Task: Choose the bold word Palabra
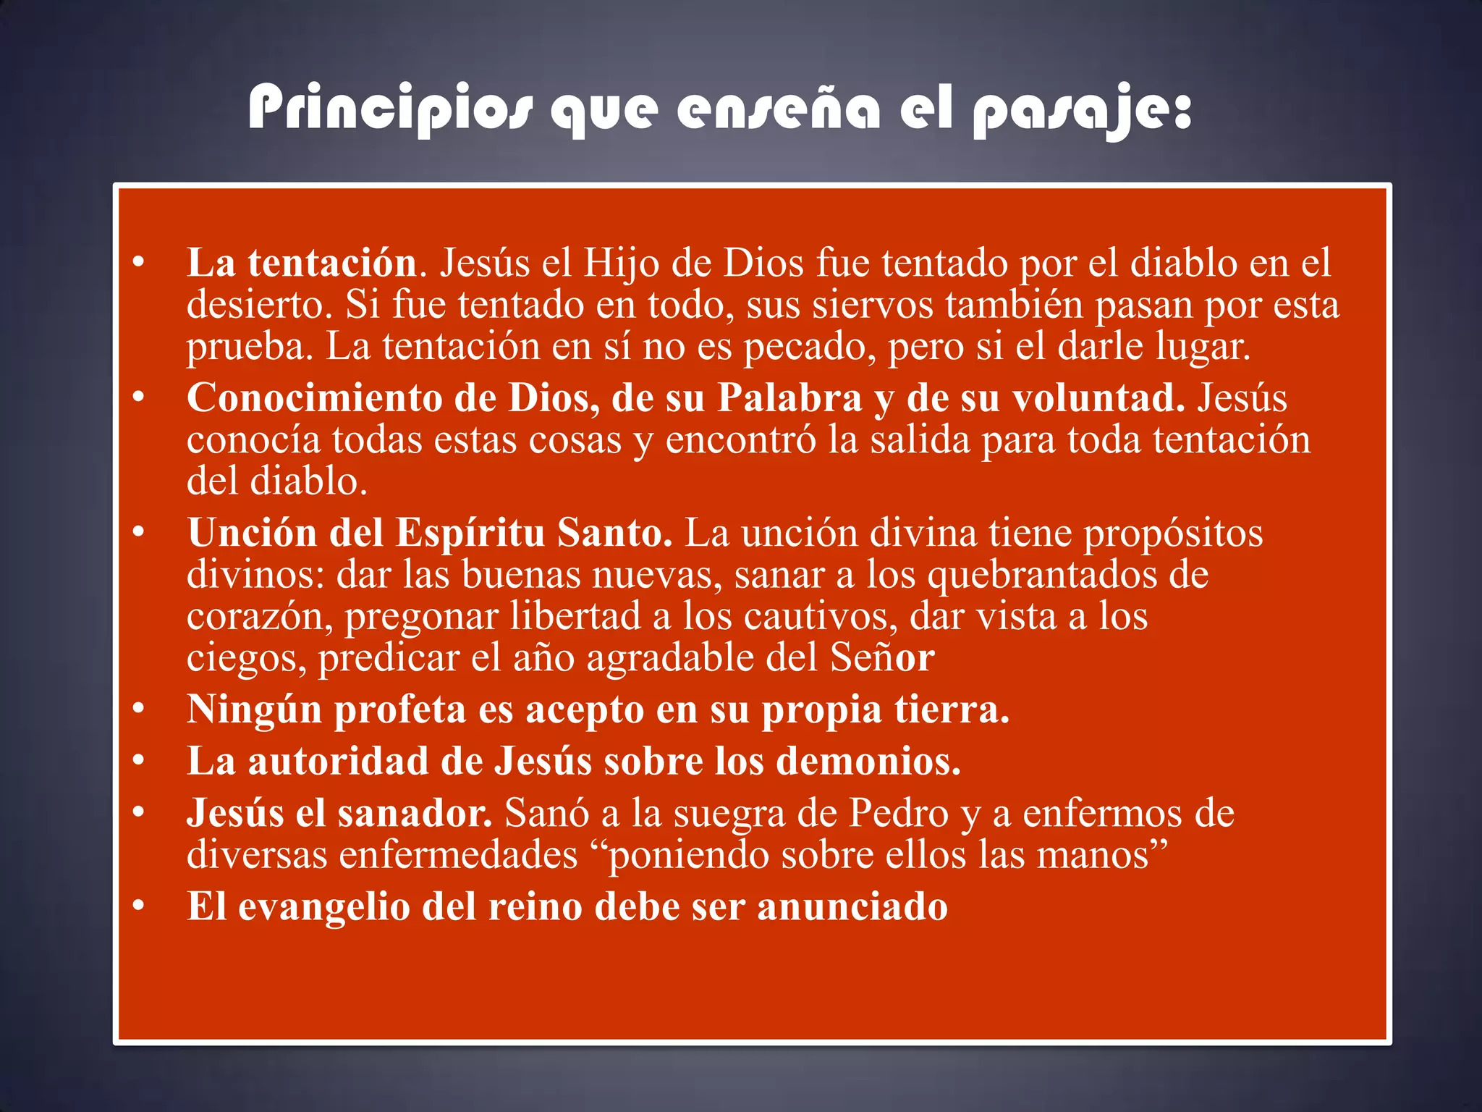(x=789, y=398)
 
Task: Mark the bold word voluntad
(x=1097, y=398)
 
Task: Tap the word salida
(x=919, y=440)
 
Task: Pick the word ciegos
(x=246, y=659)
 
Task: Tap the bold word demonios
(x=868, y=762)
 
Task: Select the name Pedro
(x=898, y=813)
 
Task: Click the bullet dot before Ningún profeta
(x=138, y=709)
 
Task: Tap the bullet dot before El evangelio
(x=138, y=907)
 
